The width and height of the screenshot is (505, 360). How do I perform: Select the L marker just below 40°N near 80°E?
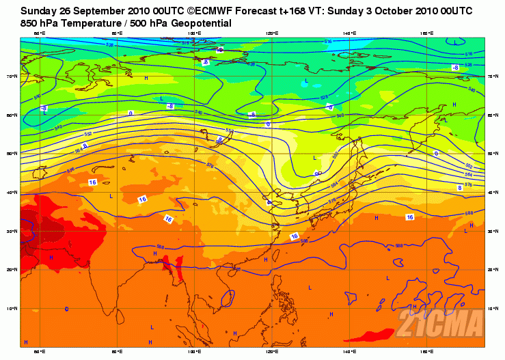(x=111, y=196)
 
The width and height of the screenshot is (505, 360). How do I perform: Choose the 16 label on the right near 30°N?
(x=410, y=217)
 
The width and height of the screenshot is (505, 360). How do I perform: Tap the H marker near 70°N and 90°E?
(x=146, y=79)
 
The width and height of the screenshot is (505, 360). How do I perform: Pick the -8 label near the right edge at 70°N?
(x=455, y=67)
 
